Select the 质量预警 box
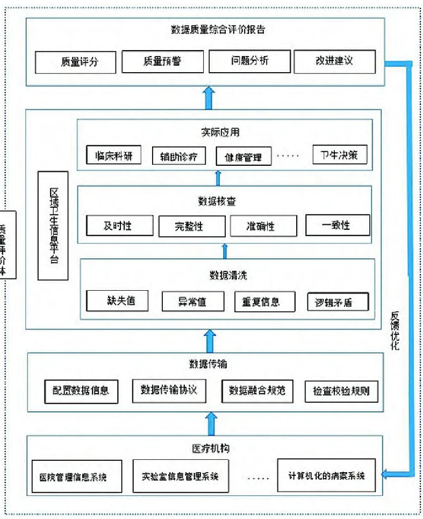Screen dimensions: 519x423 pyautogui.click(x=162, y=61)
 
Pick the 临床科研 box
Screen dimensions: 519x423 pyautogui.click(x=113, y=156)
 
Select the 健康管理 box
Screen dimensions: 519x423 pyautogui.click(x=243, y=157)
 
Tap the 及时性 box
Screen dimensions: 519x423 pyautogui.click(x=117, y=226)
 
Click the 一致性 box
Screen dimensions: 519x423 pyautogui.click(x=338, y=225)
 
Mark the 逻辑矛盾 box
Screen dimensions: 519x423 pyautogui.click(x=338, y=302)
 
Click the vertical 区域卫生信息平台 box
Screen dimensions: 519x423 pyautogui.click(x=53, y=226)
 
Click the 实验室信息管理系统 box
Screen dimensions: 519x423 pyautogui.click(x=181, y=476)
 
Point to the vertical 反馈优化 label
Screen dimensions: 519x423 pyautogui.click(x=395, y=331)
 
